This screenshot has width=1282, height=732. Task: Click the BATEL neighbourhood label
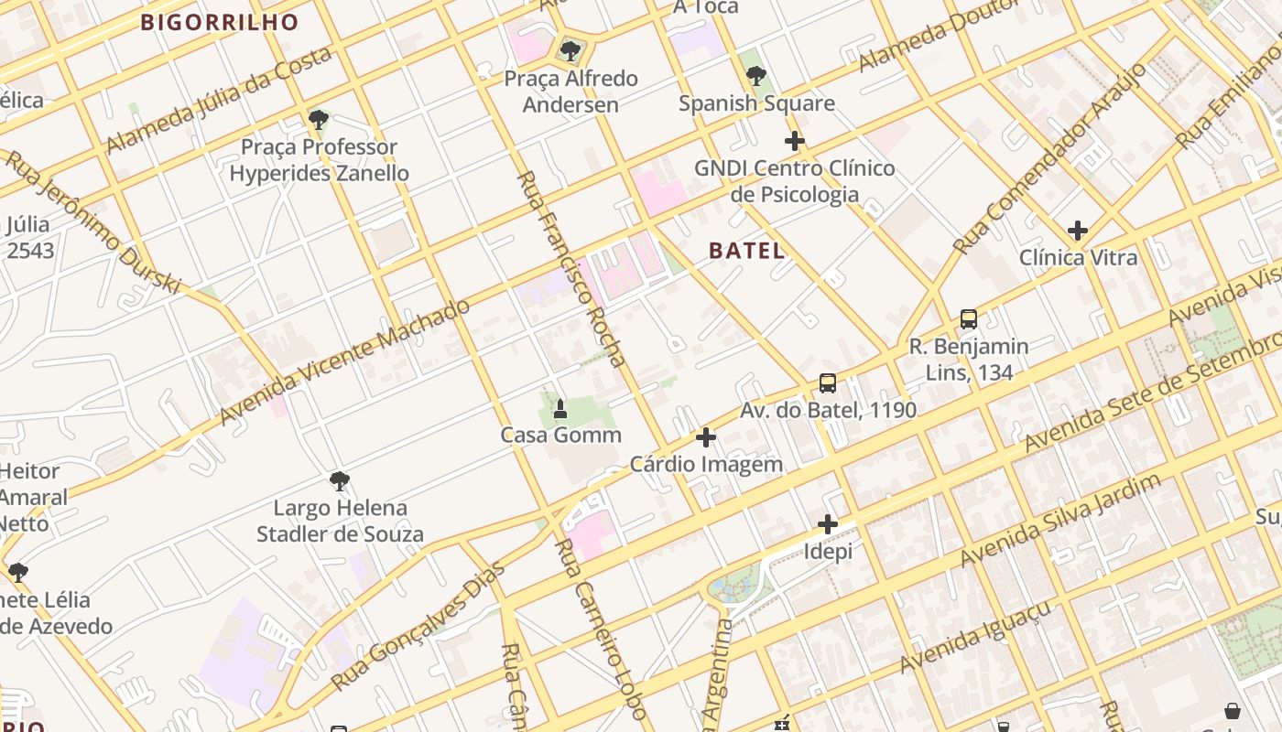coord(746,251)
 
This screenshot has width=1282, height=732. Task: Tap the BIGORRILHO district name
coord(220,23)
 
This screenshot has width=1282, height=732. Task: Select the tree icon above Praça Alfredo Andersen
coord(570,51)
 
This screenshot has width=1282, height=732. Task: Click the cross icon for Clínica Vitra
coord(1078,231)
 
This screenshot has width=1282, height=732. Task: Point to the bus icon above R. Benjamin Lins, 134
coord(969,319)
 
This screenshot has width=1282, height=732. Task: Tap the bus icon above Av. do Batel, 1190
coord(828,383)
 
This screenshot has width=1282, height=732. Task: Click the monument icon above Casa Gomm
coord(560,408)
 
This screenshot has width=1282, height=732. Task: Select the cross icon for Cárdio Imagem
coord(705,437)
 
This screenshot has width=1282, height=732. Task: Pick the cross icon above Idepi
coord(828,524)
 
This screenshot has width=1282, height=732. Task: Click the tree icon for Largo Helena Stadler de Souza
coord(340,480)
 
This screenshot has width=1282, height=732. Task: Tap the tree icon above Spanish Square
coord(756,76)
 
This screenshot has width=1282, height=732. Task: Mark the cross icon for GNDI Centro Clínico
coord(794,142)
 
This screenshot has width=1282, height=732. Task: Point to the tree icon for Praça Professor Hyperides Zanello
coord(319,120)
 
